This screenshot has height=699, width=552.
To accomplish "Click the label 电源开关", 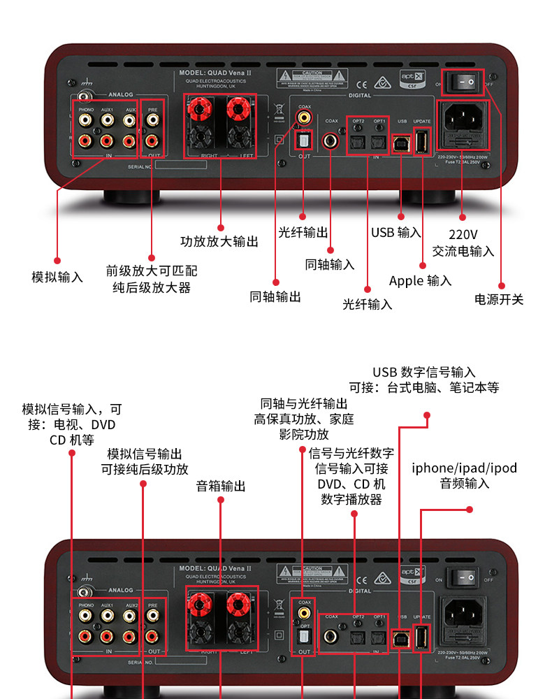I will point(499,300).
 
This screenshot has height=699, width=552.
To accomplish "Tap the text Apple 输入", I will point(420,281).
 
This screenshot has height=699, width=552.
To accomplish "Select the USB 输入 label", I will point(396,233).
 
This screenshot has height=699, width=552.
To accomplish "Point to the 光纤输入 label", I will point(368,305).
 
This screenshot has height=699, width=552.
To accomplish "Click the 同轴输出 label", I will point(275,297).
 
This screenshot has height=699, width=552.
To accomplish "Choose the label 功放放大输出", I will point(219,242).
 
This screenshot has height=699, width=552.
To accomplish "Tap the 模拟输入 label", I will point(57,278).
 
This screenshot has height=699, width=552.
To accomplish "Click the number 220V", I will point(463,235).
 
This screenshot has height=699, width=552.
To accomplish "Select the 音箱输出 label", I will point(221,486).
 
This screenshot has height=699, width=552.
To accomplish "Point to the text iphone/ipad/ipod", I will point(465,468).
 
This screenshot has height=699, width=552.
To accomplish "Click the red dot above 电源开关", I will point(501,285).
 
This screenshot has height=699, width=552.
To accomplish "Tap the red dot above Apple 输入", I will point(422,265).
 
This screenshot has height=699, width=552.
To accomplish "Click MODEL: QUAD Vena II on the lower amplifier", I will point(214,568).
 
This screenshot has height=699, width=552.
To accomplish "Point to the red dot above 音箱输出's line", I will point(221,503).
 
